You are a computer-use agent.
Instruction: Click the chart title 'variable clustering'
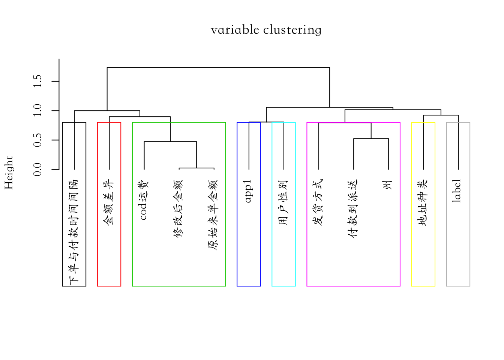point(266,30)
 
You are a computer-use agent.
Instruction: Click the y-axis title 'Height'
point(9,172)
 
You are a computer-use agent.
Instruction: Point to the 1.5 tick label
point(37,81)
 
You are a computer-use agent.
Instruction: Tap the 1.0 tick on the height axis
point(37,110)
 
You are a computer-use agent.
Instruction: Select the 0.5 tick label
point(37,140)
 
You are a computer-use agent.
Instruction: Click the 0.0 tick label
point(37,169)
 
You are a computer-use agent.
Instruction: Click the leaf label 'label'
point(456,191)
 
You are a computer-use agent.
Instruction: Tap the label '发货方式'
point(318,202)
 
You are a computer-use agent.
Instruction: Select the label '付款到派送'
point(352,208)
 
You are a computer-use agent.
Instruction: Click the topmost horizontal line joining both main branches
point(218,67)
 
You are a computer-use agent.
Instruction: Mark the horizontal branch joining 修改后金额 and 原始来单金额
point(196,168)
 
